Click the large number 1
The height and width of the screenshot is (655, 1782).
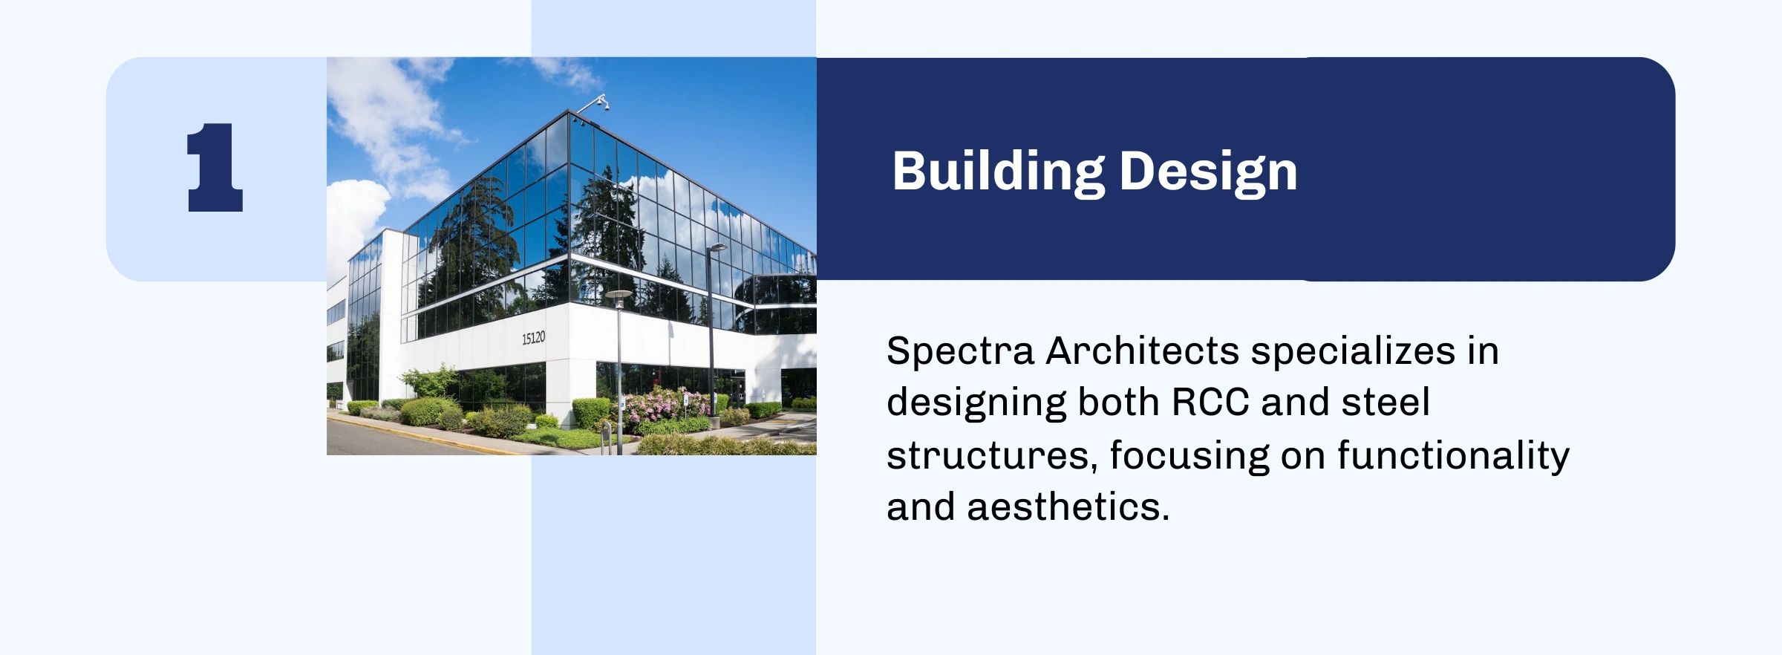(215, 168)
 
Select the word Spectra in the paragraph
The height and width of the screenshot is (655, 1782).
(960, 351)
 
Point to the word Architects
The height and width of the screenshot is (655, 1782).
(1143, 351)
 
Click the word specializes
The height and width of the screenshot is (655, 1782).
(1353, 351)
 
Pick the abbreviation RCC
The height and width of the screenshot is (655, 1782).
(1210, 403)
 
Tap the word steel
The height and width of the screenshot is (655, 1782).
(1386, 403)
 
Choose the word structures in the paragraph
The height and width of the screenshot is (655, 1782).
(992, 456)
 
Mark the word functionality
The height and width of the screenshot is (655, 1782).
(1454, 455)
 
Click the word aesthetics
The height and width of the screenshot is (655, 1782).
(1068, 507)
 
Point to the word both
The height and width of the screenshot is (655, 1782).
(1119, 403)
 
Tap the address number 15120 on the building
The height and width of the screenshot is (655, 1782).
(533, 338)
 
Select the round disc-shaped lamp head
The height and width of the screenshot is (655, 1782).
(618, 295)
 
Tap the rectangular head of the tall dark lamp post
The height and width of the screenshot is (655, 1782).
(717, 247)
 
